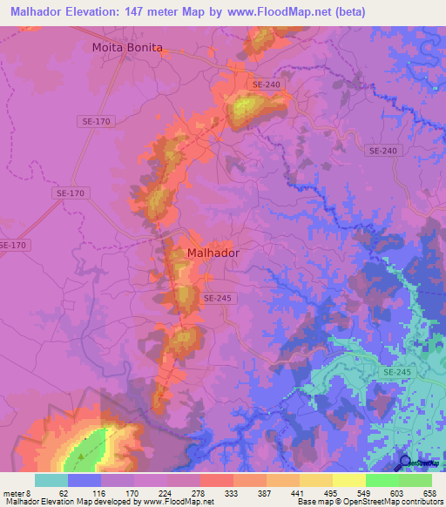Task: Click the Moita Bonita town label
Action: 127,48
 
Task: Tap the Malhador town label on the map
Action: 213,253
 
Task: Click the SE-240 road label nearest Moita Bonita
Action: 266,84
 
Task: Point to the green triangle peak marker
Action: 81,455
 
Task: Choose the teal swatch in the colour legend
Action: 51,480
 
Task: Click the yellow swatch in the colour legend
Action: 348,480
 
